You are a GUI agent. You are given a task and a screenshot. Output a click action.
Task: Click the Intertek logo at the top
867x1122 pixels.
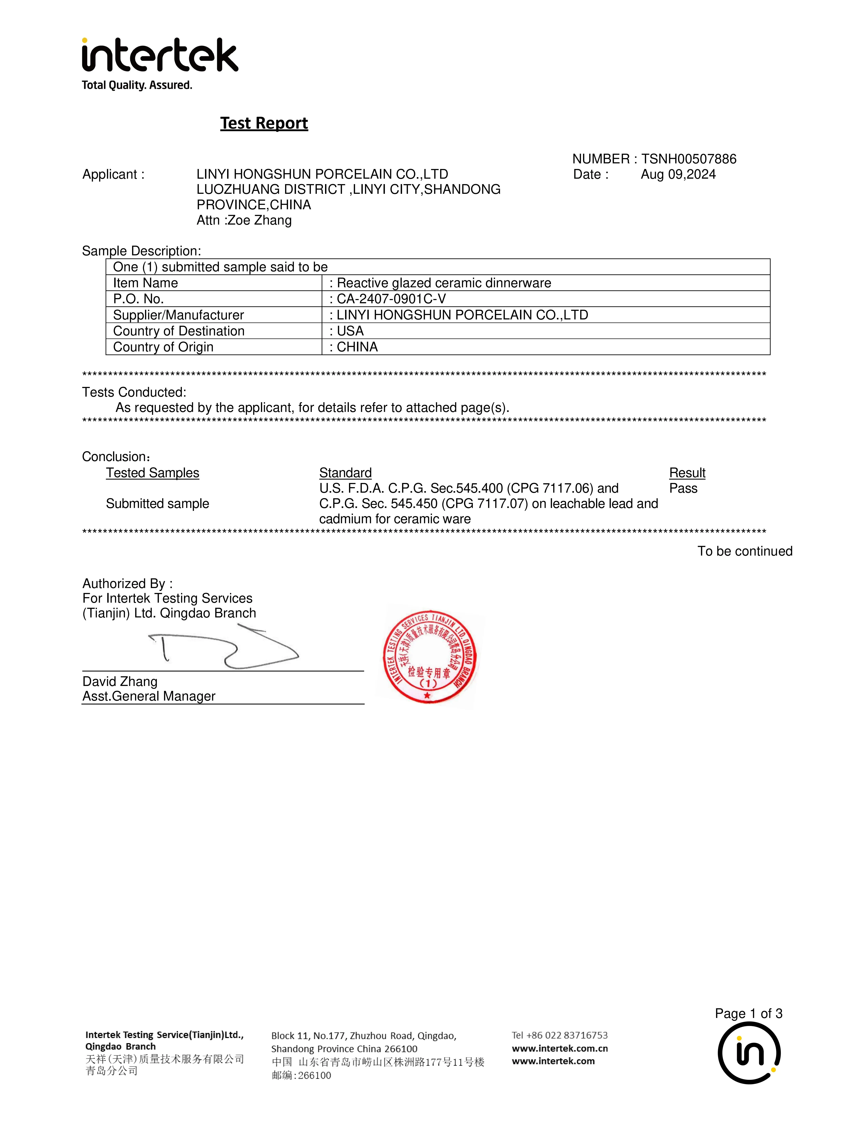[x=160, y=55]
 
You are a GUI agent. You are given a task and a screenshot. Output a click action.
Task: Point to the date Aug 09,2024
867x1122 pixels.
[x=678, y=175]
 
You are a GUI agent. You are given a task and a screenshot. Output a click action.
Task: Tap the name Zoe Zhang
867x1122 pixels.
[x=259, y=220]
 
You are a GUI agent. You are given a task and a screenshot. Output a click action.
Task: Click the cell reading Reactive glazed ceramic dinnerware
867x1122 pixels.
[x=444, y=283]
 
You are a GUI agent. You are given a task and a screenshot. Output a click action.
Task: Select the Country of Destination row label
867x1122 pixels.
[x=179, y=331]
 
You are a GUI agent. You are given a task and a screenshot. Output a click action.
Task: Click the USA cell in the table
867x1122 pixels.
[x=350, y=331]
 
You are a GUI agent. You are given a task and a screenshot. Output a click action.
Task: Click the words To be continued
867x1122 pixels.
[x=745, y=551]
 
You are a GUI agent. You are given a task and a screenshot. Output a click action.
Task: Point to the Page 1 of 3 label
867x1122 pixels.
[x=748, y=1014]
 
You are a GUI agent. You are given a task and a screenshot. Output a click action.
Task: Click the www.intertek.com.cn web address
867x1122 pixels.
[x=560, y=1049]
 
